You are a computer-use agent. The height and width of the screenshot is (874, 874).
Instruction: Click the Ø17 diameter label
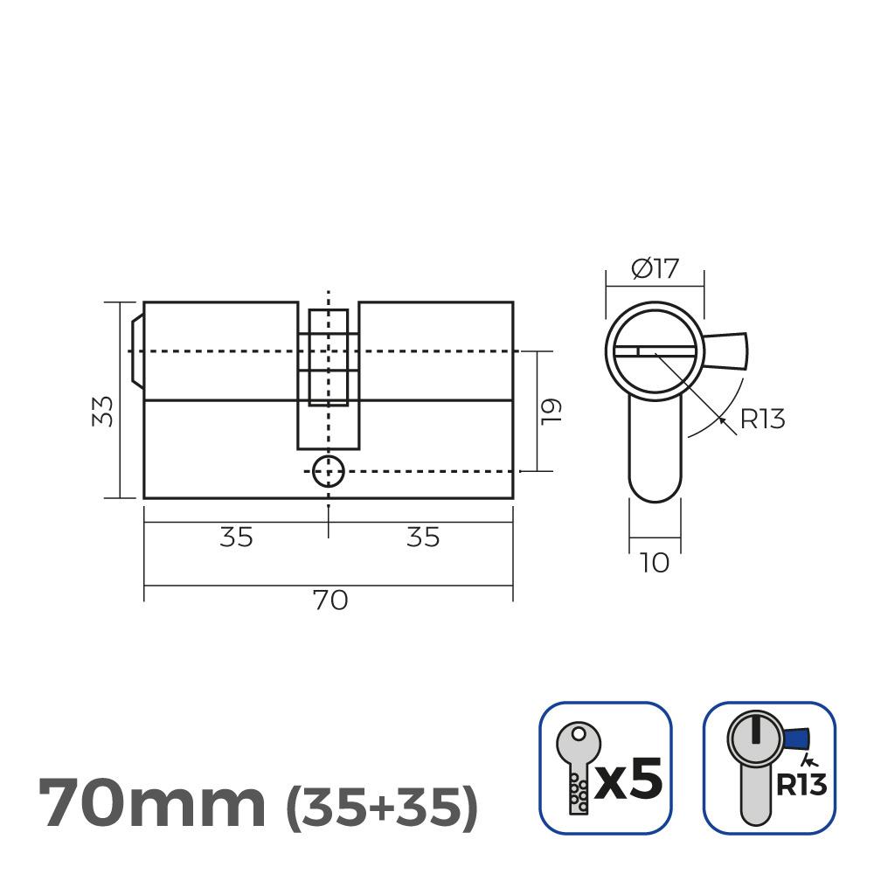pos(654,268)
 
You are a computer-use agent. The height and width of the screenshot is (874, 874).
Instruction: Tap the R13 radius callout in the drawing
pos(762,420)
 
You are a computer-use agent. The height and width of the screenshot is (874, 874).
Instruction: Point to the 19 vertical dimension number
pos(551,411)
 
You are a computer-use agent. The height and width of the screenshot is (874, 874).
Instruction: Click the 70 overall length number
pos(329,600)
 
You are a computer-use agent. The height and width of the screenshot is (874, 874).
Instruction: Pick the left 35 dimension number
pos(236,538)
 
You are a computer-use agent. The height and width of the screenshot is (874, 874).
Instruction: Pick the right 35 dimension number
pos(423,538)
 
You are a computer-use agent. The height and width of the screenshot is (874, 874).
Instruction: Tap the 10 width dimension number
pos(654,564)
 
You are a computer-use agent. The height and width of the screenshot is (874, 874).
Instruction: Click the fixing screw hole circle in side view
pos(328,471)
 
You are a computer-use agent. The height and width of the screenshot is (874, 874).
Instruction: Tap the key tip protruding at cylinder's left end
pos(135,350)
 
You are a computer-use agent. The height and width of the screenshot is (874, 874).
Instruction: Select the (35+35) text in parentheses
pos(383,804)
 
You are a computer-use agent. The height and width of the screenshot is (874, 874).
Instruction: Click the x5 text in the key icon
pos(628,775)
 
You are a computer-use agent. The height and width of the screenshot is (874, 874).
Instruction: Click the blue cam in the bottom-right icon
pos(796,741)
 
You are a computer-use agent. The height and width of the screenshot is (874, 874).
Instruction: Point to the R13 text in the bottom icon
pos(801,784)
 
